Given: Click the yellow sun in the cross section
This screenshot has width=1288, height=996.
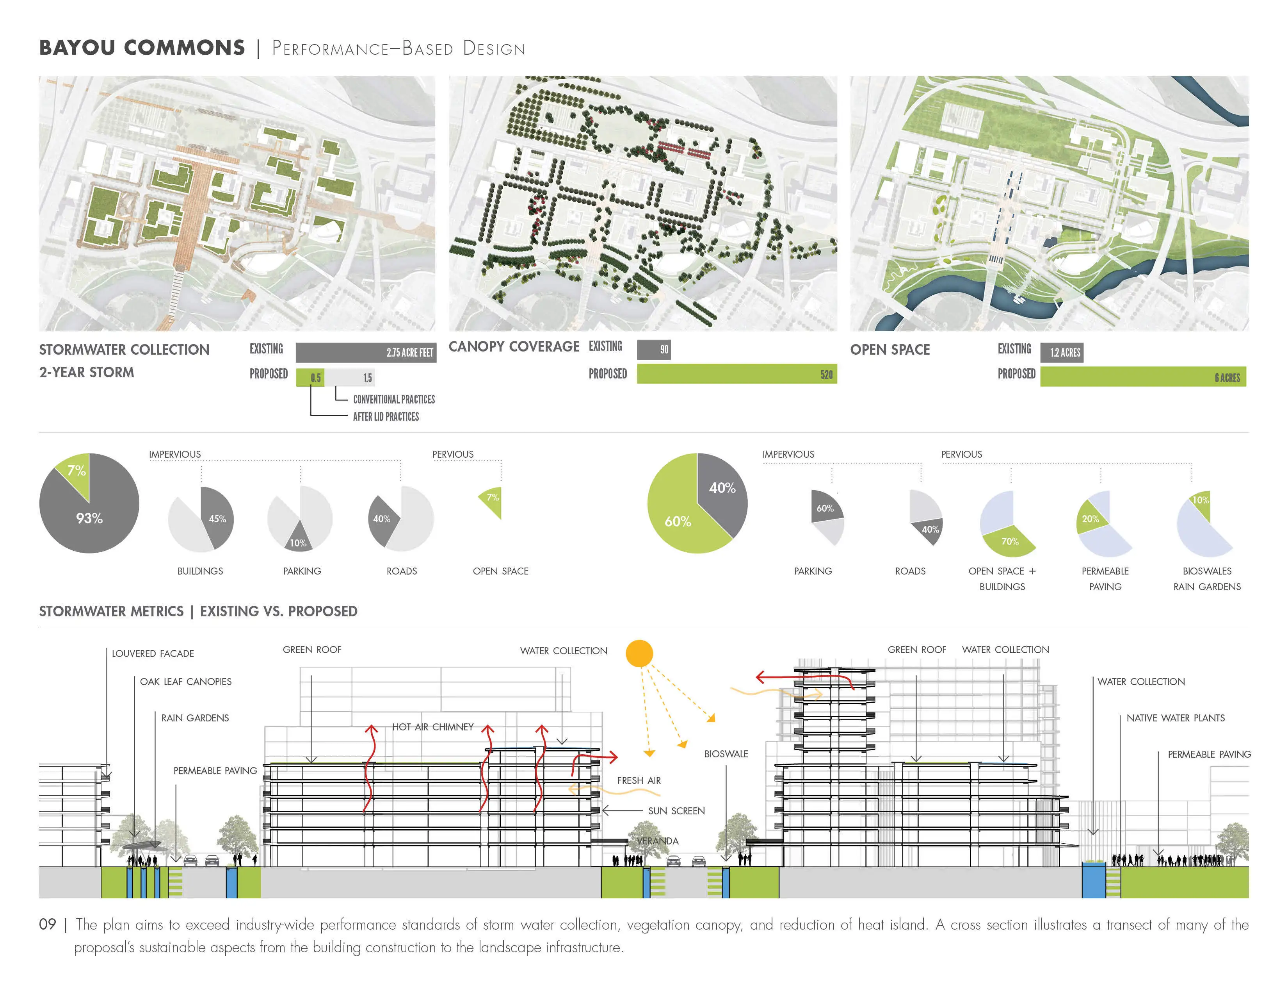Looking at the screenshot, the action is [x=639, y=653].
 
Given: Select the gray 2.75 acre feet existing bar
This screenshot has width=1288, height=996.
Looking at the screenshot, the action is [x=366, y=352].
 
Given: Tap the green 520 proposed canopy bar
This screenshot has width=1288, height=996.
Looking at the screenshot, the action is [x=737, y=373].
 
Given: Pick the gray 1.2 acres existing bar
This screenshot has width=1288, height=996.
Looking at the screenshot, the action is [x=1062, y=352].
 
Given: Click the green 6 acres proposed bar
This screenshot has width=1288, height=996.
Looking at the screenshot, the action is [x=1143, y=377].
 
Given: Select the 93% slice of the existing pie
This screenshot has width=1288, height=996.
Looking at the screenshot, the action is [x=89, y=513].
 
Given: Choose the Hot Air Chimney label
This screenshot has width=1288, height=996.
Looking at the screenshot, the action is [x=433, y=727].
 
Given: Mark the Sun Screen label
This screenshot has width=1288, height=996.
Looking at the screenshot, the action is [x=676, y=811].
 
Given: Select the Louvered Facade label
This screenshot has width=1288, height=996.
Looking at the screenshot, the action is [x=153, y=653].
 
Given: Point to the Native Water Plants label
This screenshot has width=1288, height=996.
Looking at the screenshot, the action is [x=1175, y=718].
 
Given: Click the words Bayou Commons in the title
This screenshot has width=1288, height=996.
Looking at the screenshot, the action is [x=142, y=48].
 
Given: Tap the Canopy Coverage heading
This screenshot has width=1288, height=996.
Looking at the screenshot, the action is [x=514, y=346].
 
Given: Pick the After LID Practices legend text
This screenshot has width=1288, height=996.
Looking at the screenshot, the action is [x=386, y=417].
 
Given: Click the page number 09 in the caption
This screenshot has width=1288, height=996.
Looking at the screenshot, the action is [x=47, y=924].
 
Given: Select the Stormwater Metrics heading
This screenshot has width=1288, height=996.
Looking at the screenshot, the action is [x=112, y=611].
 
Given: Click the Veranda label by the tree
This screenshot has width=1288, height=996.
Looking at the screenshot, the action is [x=658, y=841].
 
